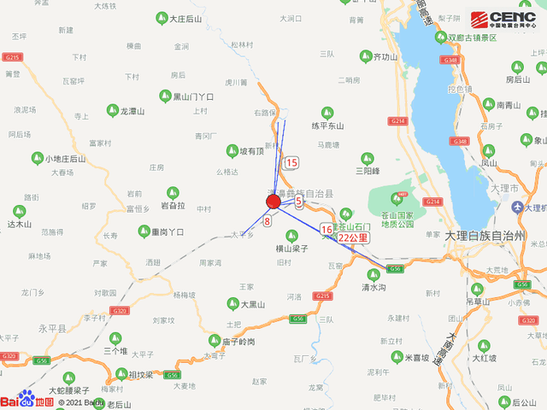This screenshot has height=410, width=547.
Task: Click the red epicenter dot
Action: tap(273, 202)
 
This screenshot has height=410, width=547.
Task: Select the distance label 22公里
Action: tap(353, 237)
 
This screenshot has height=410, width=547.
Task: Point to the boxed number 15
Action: tap(292, 162)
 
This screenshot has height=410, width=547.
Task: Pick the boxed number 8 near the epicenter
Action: tap(268, 221)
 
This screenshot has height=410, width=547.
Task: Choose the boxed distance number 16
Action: tap(326, 230)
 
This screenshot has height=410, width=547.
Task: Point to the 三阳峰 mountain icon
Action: tap(368, 158)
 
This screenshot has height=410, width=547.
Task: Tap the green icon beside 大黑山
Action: tap(232, 302)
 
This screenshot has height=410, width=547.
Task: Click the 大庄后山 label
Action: tap(185, 18)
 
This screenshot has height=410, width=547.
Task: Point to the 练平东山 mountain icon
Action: tap(326, 112)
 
